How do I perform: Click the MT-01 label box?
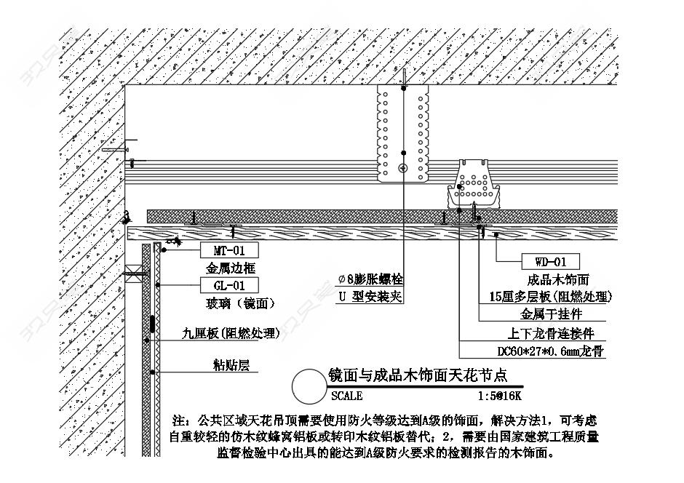228,250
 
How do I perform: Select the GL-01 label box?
228,285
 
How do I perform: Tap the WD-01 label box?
550,261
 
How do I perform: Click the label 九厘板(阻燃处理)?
230,333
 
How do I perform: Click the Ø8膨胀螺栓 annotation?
370,279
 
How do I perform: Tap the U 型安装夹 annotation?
370,296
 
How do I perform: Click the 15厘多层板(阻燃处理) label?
550,297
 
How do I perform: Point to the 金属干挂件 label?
551,314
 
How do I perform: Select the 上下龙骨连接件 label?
551,333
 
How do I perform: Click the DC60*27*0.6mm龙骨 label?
551,351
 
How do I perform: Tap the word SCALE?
346,396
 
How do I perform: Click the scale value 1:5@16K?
500,396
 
